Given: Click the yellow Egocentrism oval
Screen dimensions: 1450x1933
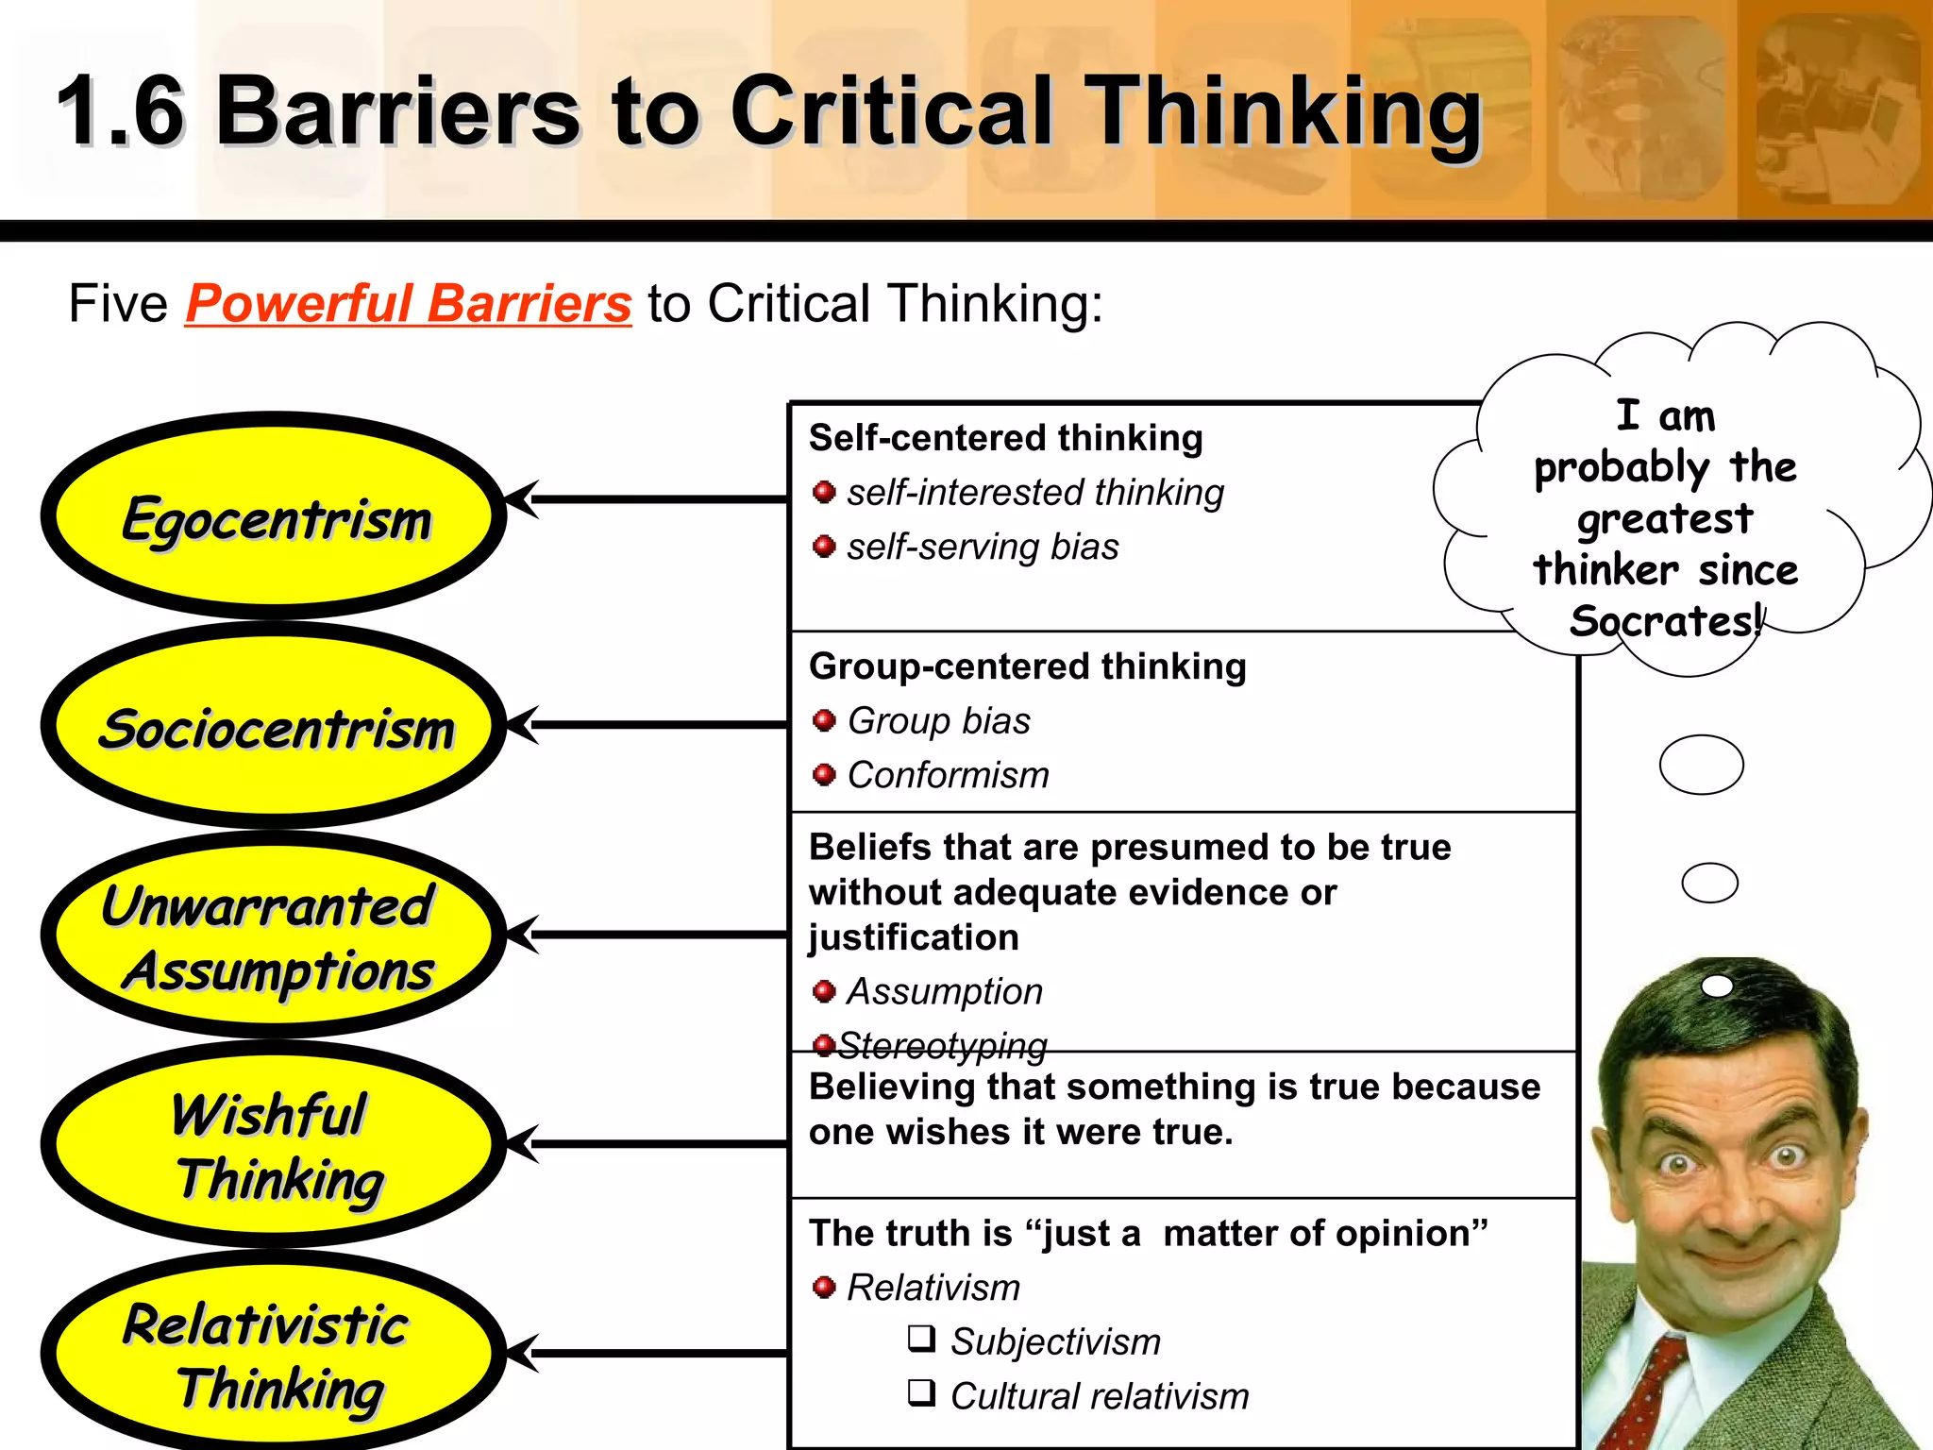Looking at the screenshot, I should tap(274, 517).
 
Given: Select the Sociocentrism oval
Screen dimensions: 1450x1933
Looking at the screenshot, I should tap(274, 727).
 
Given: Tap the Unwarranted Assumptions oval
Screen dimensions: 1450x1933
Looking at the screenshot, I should tap(274, 936).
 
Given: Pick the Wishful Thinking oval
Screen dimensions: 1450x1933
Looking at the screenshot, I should tap(274, 1145).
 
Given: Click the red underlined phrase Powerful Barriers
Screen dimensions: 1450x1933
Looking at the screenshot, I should tap(408, 304).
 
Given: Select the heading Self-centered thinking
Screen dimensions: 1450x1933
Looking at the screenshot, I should tap(1005, 438).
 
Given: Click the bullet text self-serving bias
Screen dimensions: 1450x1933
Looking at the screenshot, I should tap(982, 548).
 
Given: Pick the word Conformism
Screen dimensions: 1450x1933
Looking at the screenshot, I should tap(948, 775).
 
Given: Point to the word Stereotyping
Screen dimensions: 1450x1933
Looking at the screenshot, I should tap(942, 1044).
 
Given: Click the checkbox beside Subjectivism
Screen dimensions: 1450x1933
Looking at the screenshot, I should tap(921, 1339).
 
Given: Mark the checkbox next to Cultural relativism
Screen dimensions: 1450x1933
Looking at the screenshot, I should tap(921, 1392).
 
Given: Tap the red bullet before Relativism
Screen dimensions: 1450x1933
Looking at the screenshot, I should tap(824, 1287).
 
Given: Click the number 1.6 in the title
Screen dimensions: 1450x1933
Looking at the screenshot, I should tap(121, 111).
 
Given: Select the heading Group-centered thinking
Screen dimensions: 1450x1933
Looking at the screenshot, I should tap(1027, 666).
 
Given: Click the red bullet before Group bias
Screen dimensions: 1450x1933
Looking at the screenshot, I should tap(824, 721).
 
